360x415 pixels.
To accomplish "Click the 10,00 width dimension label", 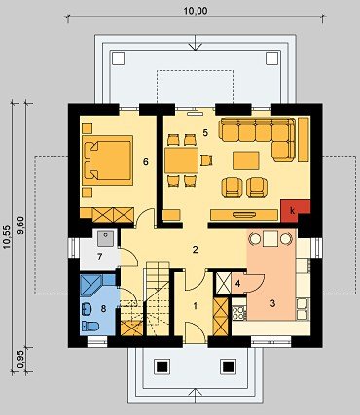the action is pos(196,11).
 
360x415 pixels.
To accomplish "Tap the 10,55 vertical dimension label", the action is pos(7,237).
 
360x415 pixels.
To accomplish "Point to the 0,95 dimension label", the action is pos(21,360).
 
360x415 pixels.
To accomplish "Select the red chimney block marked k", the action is pos(295,211).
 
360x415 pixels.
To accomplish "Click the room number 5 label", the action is pos(205,132).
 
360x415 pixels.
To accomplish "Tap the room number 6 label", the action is pos(146,161).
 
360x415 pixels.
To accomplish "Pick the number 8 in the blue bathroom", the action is pos(103,308).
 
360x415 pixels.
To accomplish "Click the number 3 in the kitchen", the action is pos(272,303).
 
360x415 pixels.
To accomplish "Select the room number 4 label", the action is pos(237,284).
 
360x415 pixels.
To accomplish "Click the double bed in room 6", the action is pos(108,160).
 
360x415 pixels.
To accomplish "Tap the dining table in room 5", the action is pos(181,160).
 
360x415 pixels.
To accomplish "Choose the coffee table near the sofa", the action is pos(246,160).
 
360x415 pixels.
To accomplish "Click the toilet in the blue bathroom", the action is pos(90,326).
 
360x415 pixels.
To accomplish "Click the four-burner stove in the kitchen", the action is pos(239,313).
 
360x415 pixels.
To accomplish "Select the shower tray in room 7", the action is pos(105,238).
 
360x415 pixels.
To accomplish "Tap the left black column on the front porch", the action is pos(162,366).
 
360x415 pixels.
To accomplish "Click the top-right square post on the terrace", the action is pos(271,58).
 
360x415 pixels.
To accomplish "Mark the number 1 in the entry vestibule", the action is pos(195,305).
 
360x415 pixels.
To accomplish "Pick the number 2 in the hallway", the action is pos(195,250).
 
